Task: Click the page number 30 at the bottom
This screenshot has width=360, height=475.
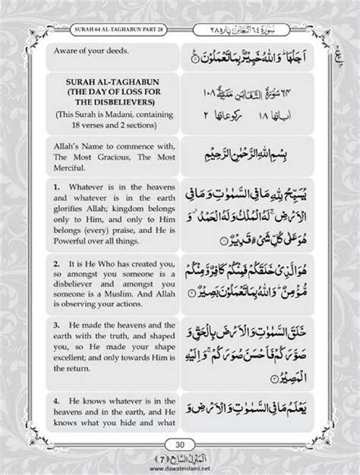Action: coord(180,445)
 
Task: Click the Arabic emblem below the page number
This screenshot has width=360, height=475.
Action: coord(180,460)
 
